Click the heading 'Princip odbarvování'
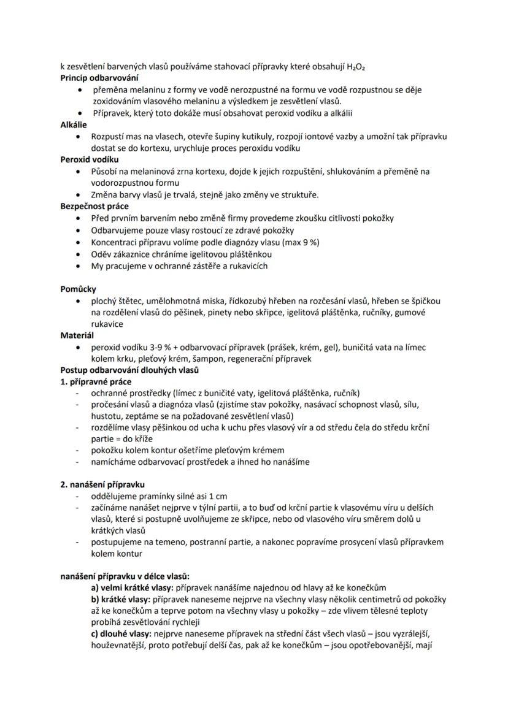coord(99,78)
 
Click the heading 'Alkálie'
coord(74,124)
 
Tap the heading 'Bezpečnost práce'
coord(94,207)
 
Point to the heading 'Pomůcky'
coord(78,289)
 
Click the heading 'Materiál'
coord(77,335)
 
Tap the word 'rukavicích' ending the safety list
coord(247,266)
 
